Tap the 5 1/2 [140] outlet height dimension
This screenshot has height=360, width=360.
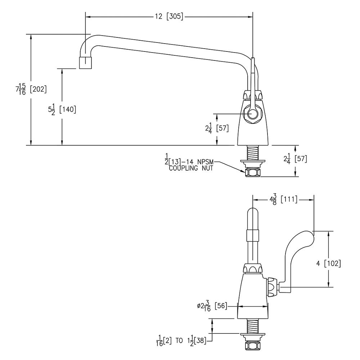click(x=62, y=109)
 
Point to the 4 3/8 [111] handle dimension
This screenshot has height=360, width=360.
click(x=283, y=199)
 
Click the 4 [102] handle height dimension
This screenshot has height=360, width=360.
click(x=328, y=264)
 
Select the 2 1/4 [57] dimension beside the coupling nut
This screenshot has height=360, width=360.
click(x=296, y=159)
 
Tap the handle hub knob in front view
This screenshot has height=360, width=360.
click(x=272, y=287)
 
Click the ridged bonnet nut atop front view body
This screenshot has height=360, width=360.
click(x=253, y=269)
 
